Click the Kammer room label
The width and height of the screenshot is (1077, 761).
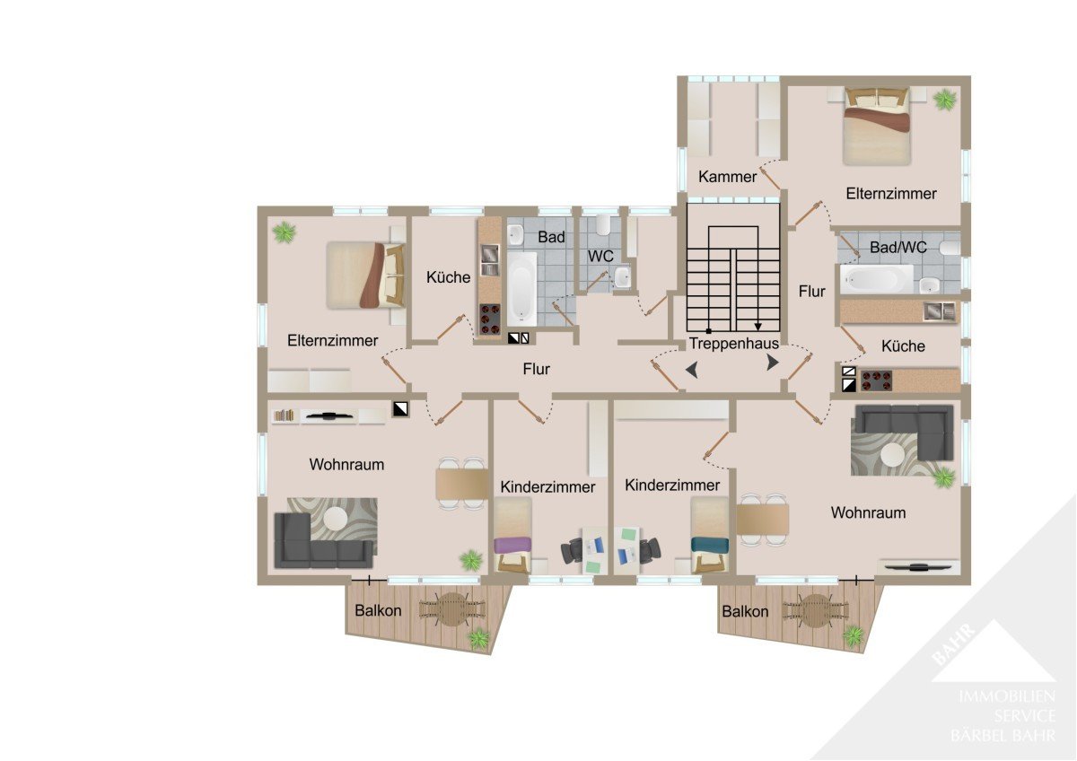click(727, 177)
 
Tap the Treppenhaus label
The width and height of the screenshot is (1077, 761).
click(734, 343)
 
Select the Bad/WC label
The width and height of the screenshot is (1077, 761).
click(898, 247)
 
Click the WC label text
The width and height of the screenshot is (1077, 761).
click(600, 257)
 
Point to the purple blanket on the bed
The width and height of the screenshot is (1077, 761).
click(513, 545)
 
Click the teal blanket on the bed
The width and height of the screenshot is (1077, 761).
click(710, 545)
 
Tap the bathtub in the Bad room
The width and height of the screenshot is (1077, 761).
click(522, 289)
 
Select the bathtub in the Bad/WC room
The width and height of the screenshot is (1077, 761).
click(877, 279)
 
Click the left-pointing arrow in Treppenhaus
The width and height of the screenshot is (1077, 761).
click(692, 371)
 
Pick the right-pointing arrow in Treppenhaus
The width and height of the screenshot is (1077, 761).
click(773, 362)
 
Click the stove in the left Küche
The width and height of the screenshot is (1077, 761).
click(490, 319)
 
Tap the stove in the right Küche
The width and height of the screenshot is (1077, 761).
click(877, 380)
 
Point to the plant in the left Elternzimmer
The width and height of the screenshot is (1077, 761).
click(285, 232)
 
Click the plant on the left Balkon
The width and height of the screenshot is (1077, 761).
click(479, 639)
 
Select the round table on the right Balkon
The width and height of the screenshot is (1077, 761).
click(816, 610)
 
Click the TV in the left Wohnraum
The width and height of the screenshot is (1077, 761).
click(328, 415)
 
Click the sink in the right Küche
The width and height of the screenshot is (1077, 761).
click(939, 311)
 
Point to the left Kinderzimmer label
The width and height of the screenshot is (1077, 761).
click(547, 487)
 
